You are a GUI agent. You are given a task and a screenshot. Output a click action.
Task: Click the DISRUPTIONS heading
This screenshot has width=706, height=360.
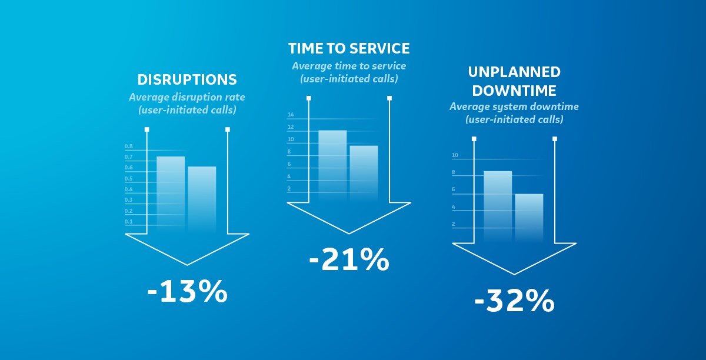pyautogui.click(x=187, y=79)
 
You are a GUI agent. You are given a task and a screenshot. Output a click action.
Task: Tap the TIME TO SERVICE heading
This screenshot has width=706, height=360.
pyautogui.click(x=349, y=48)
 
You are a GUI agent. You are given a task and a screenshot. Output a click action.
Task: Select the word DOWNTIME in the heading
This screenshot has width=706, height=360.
pyautogui.click(x=514, y=91)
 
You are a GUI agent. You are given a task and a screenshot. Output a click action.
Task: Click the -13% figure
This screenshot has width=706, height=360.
pyautogui.click(x=187, y=292)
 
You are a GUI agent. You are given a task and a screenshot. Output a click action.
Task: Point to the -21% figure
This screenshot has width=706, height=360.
pyautogui.click(x=349, y=259)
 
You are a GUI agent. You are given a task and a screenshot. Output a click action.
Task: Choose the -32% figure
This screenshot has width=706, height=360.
pyautogui.click(x=514, y=302)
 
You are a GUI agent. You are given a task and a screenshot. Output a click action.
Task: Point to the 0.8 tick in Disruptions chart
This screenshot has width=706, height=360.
pyautogui.click(x=128, y=146)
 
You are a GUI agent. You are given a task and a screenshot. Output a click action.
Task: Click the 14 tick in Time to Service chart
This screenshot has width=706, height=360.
pyautogui.click(x=290, y=115)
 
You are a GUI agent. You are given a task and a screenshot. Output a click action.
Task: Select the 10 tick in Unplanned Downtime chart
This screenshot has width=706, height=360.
pyautogui.click(x=455, y=155)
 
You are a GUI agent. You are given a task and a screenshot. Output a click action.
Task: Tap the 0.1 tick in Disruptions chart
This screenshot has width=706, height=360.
pyautogui.click(x=128, y=222)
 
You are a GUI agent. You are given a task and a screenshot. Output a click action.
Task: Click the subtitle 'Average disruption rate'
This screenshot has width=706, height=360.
pyautogui.click(x=187, y=96)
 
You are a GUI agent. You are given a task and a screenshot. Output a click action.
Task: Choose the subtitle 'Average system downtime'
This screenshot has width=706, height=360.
pyautogui.click(x=514, y=107)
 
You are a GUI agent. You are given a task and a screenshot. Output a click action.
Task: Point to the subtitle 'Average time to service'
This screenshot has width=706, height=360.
pyautogui.click(x=349, y=66)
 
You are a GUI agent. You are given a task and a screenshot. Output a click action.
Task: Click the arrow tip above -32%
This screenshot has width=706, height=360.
pyautogui.click(x=514, y=274)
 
